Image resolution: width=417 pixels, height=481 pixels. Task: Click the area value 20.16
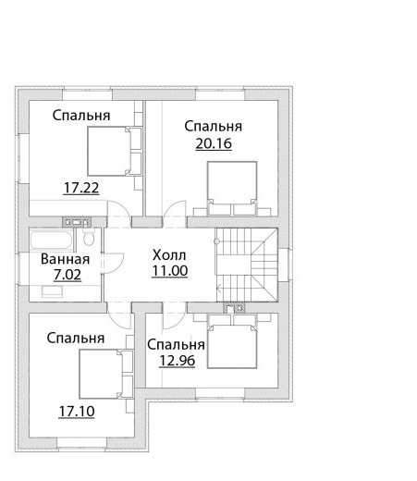pos(214,143)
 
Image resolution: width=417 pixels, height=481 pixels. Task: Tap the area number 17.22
pos(81,188)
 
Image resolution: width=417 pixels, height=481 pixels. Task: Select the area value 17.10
pos(77,412)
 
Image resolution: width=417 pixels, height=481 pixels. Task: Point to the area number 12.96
pos(177,361)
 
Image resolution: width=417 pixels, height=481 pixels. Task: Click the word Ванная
pos(65,259)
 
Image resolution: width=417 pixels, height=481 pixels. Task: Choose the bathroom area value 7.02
pos(67,275)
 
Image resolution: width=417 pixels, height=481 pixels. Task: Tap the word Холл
pos(169,255)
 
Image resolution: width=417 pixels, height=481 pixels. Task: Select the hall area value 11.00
pos(170,271)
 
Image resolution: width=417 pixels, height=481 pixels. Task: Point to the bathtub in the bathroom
pos(52,240)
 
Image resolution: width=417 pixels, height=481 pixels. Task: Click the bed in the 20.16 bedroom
pos(232,188)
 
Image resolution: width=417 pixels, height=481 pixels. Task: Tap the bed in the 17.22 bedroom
pos(115,151)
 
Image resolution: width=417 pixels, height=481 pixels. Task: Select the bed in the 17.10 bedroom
pos(106,374)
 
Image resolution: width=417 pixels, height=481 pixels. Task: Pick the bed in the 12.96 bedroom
pos(232,341)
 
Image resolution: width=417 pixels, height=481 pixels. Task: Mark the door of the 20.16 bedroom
pos(175,214)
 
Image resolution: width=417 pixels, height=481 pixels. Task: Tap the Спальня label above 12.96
pos(176,345)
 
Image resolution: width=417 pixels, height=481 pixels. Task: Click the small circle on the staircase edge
pos(217,241)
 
